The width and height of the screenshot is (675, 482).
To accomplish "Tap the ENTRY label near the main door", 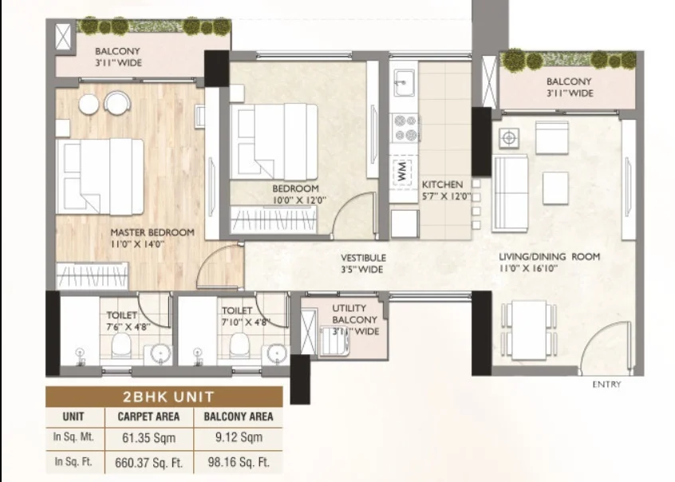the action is coord(606,384).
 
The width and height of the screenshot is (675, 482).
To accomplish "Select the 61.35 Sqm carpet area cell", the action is coord(149,438).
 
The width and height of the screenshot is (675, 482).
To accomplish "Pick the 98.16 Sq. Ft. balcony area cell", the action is coord(239,463).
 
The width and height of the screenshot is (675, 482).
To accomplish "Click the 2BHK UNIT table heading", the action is coord(168,397).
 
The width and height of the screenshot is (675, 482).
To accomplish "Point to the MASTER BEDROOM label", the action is coord(152,232).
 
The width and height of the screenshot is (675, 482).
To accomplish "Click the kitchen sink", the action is coord(404,82).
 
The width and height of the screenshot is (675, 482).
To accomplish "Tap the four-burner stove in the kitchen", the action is coord(405,128).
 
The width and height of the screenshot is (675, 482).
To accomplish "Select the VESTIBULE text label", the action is coord(363,258).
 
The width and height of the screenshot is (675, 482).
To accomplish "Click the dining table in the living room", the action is coord(529,330).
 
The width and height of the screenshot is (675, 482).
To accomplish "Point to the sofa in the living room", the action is coord(510,193).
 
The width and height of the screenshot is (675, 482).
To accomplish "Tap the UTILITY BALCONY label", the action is coord(355,314).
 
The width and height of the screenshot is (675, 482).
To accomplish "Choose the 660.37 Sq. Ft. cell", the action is coord(149,463).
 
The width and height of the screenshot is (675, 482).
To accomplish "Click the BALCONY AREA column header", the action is coord(239,417).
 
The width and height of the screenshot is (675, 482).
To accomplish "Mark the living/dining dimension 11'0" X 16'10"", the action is coord(528,268).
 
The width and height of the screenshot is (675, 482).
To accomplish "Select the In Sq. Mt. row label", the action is coord(73,437).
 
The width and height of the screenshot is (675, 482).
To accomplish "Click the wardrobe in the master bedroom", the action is coord(92,275).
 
